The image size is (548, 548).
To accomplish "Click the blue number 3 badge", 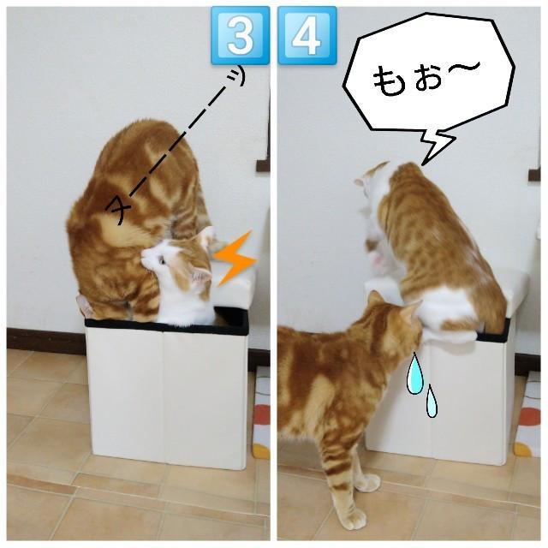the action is point(240,35).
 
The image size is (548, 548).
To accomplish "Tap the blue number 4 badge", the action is point(307,35).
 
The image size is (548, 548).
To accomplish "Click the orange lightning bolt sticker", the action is point(235,258).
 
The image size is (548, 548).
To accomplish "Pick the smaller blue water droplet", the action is point(432,401).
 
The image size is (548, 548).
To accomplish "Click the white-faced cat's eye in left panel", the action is point(162,260).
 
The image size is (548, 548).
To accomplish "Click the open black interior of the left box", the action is point(230,318).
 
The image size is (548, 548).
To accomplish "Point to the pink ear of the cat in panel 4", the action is point(360,182).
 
